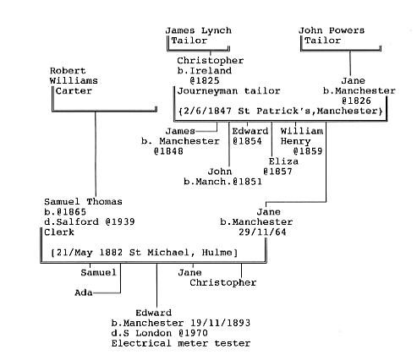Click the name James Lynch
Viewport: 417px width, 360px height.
tap(199, 30)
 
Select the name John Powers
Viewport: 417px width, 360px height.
tap(332, 30)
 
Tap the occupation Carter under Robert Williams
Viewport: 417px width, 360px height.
tap(74, 91)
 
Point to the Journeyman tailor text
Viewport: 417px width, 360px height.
tap(228, 91)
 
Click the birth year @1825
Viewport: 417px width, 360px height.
tap(205, 81)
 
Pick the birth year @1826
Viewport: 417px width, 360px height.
tap(356, 101)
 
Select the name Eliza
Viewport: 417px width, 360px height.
tap(283, 161)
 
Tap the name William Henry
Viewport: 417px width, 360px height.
tap(302, 136)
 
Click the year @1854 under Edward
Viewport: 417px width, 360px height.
tap(247, 141)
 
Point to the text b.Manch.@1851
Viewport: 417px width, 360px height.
tap(222, 182)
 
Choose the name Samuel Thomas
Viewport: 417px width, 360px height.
tap(83, 202)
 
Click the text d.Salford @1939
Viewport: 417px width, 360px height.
tap(90, 222)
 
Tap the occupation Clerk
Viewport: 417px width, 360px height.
tap(59, 232)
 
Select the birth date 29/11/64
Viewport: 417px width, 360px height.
tap(262, 232)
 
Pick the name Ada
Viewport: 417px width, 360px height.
tap(84, 293)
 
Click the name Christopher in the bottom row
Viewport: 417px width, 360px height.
tap(223, 282)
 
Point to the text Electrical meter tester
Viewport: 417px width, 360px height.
tap(181, 343)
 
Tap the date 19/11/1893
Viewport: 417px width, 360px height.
tap(220, 323)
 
